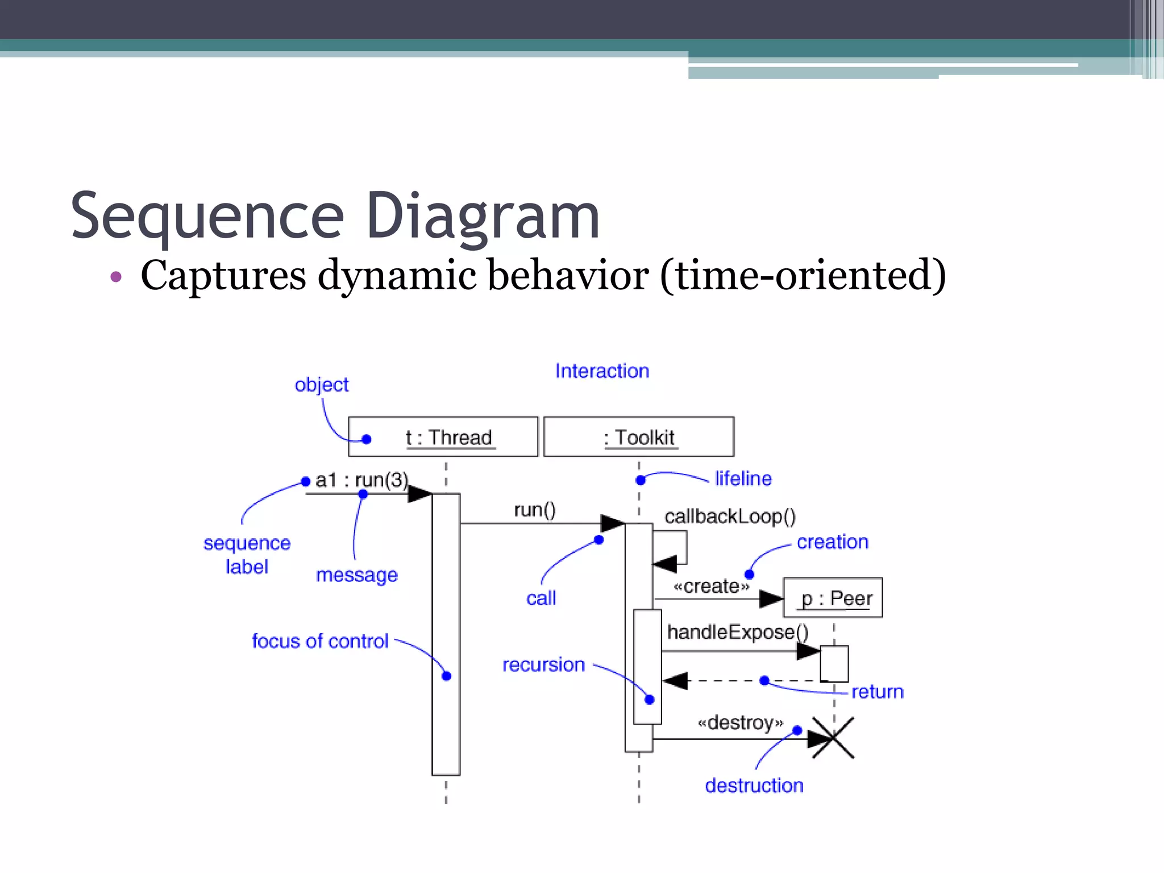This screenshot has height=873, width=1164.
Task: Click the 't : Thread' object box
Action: (443, 436)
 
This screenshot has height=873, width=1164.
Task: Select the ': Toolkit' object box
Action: (638, 436)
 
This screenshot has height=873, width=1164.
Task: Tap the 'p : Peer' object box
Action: (833, 598)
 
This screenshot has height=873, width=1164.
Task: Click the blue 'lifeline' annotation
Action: (743, 479)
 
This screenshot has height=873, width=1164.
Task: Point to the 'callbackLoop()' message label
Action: (730, 516)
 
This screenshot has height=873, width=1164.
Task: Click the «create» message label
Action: (711, 586)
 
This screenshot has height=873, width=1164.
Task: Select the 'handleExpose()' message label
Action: (737, 632)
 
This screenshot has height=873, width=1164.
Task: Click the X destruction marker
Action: (833, 738)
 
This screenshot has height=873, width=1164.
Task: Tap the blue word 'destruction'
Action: (754, 785)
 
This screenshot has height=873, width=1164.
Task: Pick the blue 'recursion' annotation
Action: (543, 664)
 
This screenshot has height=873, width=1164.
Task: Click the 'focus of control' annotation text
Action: (320, 641)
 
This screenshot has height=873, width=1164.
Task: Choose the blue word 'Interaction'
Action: (602, 371)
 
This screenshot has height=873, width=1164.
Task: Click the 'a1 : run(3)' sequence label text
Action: (361, 480)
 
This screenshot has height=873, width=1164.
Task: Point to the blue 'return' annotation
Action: (877, 692)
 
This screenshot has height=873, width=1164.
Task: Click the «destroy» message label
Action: (740, 722)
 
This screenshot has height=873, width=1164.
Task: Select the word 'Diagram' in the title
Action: (483, 216)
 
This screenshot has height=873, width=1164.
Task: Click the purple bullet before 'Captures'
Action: (116, 277)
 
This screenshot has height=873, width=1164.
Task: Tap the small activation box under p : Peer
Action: (834, 663)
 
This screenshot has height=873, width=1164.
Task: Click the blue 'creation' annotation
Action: (832, 542)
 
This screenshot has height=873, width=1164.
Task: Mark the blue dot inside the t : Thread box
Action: (367, 439)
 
